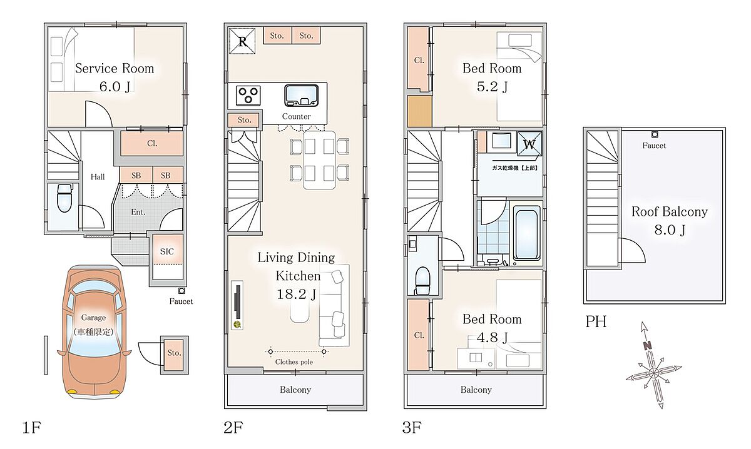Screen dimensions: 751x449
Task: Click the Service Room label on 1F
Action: pos(115,68)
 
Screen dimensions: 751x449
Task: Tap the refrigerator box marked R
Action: pos(242,41)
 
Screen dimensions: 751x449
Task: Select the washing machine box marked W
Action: pos(529,144)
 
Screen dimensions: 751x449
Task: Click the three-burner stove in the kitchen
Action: pos(248,95)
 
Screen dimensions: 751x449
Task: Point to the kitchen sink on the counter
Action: pos(301,96)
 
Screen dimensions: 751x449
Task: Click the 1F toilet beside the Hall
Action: pos(64,198)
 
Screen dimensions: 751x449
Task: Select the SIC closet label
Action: pos(167,251)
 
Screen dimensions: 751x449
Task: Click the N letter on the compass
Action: pos(647,345)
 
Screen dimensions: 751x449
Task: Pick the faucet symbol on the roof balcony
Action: pos(655,134)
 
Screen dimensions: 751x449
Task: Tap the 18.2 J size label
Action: pos(297,294)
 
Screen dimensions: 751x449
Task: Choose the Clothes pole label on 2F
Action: pos(294,362)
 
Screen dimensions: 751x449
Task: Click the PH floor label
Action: pos(596,321)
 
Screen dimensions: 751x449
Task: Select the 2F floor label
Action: pos(233,427)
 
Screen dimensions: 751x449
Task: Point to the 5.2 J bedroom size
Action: pos(492,86)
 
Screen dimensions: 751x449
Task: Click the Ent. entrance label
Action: pos(138,212)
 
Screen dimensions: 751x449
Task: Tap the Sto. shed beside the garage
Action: pos(175,355)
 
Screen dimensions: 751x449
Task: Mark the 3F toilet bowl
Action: pos(423,280)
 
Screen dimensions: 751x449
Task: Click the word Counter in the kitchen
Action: pos(296,116)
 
